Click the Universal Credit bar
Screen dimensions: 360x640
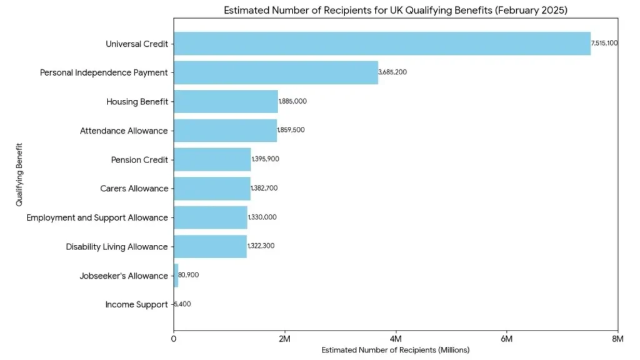[x=382, y=44]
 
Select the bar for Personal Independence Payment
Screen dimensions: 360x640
[x=276, y=72]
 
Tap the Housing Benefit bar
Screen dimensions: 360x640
[x=226, y=101]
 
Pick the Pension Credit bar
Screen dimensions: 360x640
[x=212, y=159]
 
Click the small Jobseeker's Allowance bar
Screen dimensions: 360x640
[x=176, y=276]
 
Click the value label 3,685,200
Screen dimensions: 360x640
[x=392, y=72]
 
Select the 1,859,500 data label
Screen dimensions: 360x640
[x=292, y=130]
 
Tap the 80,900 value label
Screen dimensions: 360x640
[x=189, y=275]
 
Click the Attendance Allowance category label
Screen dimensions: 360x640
[x=124, y=131]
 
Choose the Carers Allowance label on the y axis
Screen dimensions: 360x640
[x=134, y=189]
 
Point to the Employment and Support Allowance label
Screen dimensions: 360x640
[x=97, y=217]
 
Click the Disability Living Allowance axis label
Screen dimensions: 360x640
[x=117, y=247]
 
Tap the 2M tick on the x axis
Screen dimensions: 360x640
[x=284, y=339]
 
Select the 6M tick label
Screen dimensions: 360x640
[x=506, y=339]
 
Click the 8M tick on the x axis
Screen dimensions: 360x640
[x=617, y=339]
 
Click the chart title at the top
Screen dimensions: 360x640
[x=395, y=11]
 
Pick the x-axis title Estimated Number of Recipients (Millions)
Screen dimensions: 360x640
[x=395, y=350]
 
